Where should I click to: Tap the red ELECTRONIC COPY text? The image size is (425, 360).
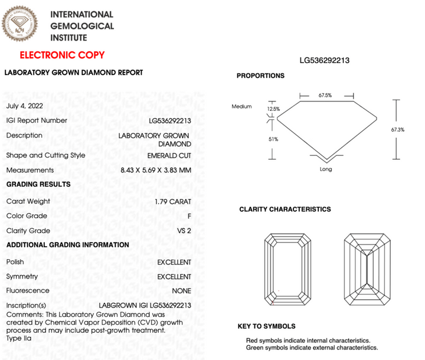62,55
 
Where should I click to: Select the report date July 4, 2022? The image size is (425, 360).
24,106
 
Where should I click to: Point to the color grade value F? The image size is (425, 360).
189,217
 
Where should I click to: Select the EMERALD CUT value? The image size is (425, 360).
169,156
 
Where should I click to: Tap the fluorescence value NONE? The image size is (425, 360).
182,291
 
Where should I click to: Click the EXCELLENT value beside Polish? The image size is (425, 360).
174,262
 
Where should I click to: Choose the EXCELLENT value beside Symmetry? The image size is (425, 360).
174,277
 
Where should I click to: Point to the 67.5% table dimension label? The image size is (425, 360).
325,94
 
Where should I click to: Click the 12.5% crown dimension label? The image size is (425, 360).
273,109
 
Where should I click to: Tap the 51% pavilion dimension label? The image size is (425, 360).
273,139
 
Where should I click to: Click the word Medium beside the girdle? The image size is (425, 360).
241,107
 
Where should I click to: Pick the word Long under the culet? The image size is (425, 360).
325,169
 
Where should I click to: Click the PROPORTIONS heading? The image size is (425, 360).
260,76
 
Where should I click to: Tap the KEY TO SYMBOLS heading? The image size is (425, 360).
266,326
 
